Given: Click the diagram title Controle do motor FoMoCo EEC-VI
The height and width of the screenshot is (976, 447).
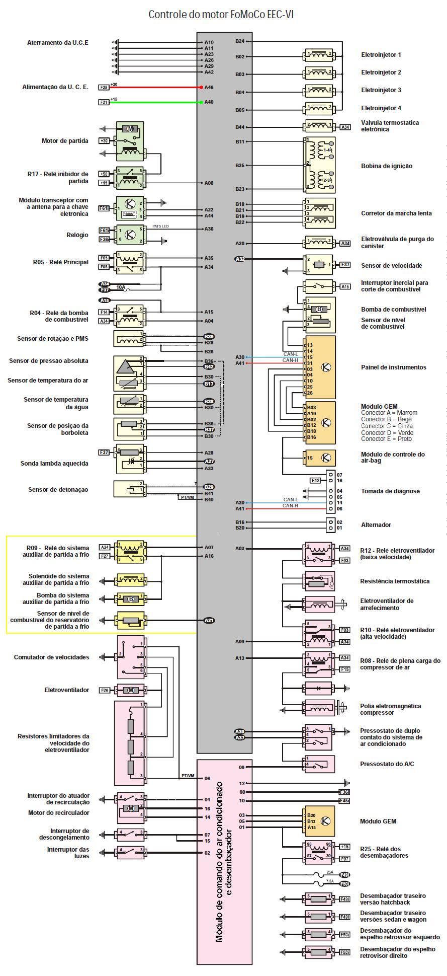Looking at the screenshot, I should [221, 15].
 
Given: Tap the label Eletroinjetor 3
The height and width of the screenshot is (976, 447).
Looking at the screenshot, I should [381, 90].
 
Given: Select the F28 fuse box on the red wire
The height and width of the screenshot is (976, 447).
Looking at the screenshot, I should [104, 87].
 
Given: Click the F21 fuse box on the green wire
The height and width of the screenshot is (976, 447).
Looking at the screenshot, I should [104, 102].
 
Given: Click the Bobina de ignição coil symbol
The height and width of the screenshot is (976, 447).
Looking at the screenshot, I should [319, 166].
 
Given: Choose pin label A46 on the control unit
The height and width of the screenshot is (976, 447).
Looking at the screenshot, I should [209, 87].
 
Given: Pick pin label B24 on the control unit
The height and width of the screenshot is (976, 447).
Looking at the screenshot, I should [240, 41].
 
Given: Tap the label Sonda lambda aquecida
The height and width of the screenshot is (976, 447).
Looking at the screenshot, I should [54, 464].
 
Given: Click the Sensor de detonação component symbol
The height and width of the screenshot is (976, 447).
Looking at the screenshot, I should [130, 489].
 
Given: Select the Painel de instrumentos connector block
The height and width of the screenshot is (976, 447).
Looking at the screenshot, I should [319, 367].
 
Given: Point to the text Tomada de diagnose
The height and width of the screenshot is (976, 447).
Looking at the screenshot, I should [390, 491].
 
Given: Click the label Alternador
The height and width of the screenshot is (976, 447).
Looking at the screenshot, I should [376, 525].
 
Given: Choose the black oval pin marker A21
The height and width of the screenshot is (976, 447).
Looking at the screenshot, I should [209, 620].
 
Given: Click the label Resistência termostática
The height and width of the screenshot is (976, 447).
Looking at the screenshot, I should [395, 581].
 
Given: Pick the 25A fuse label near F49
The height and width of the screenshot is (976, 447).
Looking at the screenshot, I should [330, 872].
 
